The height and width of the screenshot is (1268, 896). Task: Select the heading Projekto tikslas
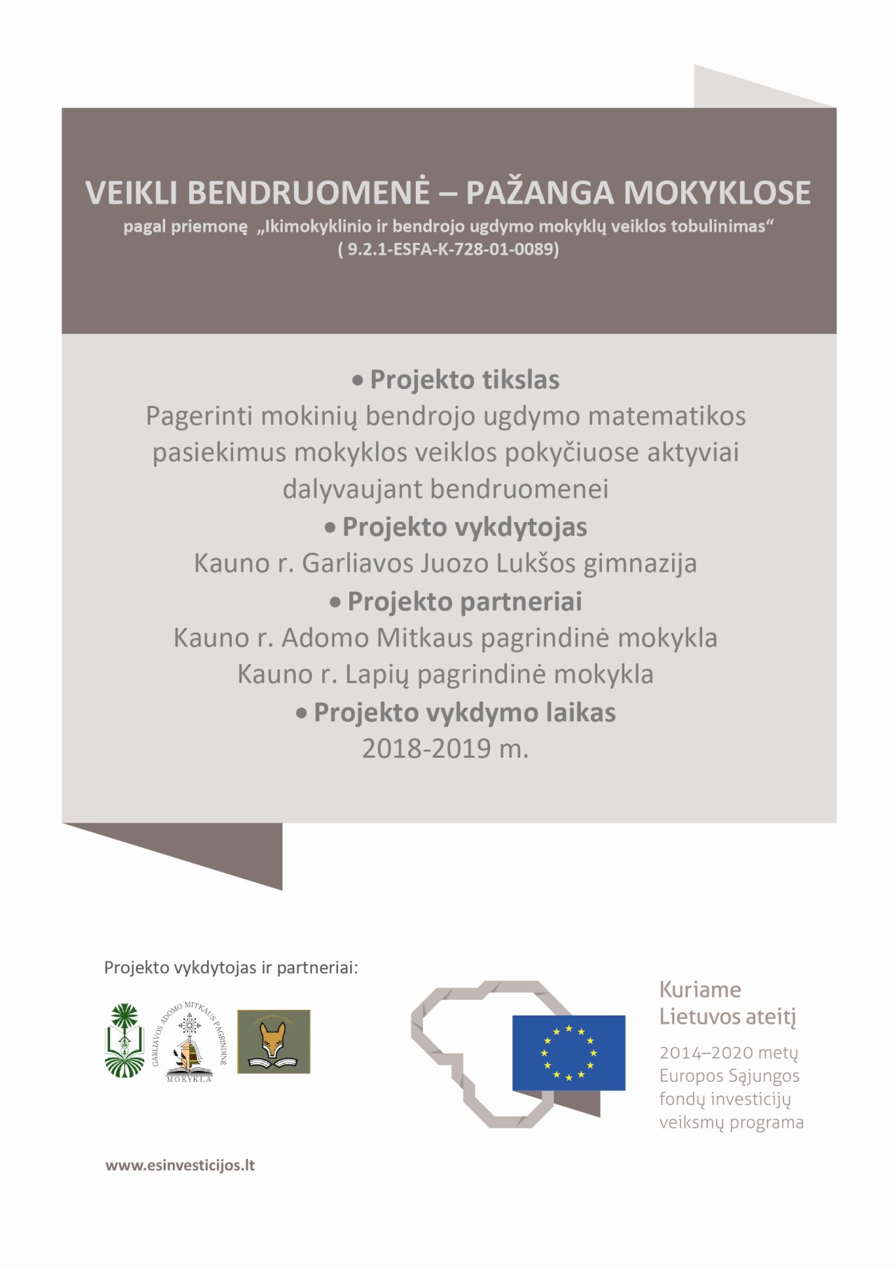pos(464,380)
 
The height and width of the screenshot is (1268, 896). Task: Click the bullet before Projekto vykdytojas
pos(330,528)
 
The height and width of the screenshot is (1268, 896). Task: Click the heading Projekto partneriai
pos(464,602)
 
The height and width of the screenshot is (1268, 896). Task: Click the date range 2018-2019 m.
pos(445,749)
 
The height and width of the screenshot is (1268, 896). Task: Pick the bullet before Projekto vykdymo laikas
pos(302,714)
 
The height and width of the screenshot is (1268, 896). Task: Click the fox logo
pos(274,1041)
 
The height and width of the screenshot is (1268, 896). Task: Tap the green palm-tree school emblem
pos(125,1041)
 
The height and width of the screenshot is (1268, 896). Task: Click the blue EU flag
pos(568,1052)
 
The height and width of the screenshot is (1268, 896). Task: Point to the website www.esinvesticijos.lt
pos(180,1165)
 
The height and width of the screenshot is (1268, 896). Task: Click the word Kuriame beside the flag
pos(699,989)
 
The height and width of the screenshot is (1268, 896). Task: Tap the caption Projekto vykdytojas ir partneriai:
pos(231,968)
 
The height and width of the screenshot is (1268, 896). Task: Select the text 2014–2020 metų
pos(728,1052)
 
